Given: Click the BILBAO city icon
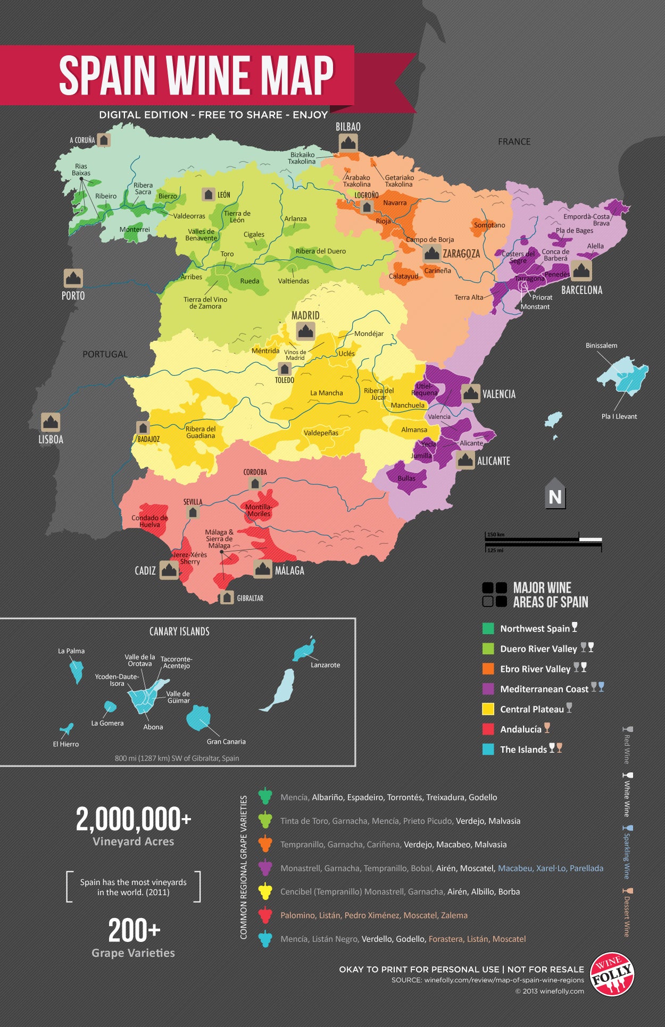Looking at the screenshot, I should (348, 142).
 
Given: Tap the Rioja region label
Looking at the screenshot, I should (383, 221).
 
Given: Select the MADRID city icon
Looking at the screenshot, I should (305, 332).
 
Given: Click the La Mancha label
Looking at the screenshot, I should (327, 393).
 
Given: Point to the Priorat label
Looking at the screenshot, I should (542, 297).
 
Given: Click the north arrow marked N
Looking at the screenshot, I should (555, 495).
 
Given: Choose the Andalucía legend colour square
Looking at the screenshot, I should (488, 729).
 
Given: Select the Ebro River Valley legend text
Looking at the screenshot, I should (535, 669).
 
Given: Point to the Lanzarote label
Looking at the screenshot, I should (325, 665).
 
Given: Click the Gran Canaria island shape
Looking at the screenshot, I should (198, 718).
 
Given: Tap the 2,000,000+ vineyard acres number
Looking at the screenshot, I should (133, 819).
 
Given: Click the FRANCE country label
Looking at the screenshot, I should (514, 141).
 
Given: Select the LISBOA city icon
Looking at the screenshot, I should (51, 422).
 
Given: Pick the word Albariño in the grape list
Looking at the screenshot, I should (327, 797).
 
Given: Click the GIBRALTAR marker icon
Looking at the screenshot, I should (227, 597).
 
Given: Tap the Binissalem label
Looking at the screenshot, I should (601, 346).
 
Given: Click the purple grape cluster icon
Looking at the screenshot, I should (265, 868).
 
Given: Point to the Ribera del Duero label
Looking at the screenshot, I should (320, 251).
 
